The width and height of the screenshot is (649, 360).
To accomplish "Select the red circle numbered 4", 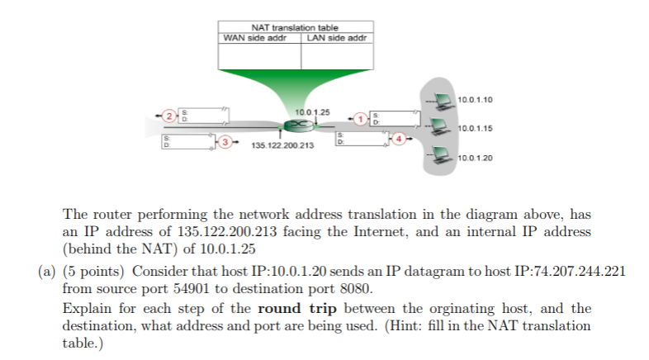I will point(400,139).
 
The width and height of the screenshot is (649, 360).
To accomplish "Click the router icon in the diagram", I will point(296,126).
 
